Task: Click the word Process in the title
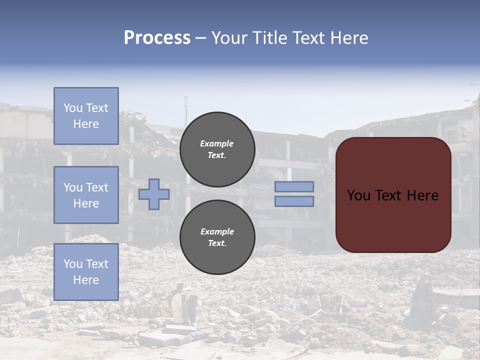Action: [157, 38]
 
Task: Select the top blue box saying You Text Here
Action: [86, 116]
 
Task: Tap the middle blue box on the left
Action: [86, 195]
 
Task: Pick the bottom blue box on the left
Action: [86, 271]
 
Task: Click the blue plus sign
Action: [154, 194]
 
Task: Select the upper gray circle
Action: [217, 149]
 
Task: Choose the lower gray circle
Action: [217, 237]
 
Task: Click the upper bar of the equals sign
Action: [294, 186]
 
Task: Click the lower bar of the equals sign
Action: [294, 201]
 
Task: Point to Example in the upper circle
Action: [217, 143]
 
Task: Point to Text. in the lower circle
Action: [217, 243]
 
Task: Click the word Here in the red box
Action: [422, 195]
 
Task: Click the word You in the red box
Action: [358, 195]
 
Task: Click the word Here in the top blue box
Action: [86, 124]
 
